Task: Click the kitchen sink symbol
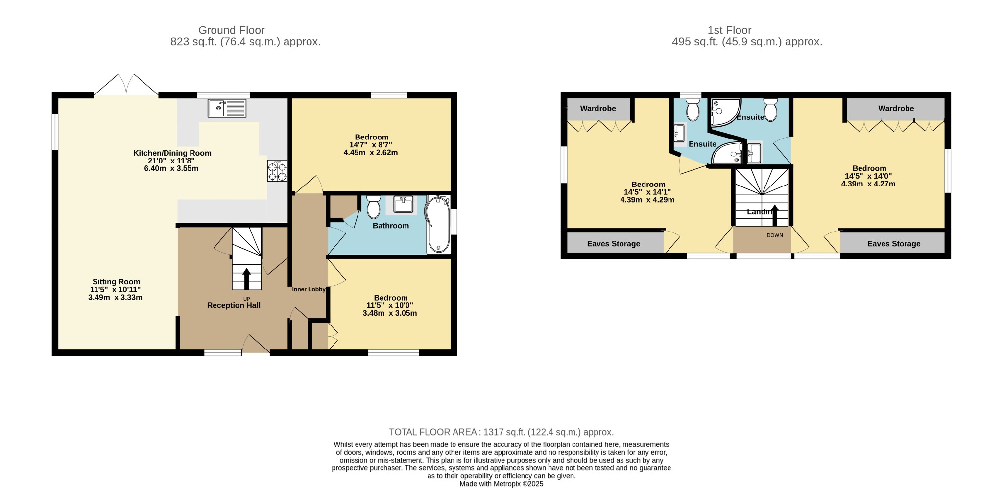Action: point(227,108)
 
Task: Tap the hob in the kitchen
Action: point(277,171)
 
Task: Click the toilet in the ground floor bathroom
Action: point(374,207)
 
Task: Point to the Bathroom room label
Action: point(391,226)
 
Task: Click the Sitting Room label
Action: point(117,282)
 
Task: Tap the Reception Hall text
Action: point(234,305)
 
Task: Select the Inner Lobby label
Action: point(309,289)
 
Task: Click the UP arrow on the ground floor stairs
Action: point(246,279)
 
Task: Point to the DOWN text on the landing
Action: point(775,235)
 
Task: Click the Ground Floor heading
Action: point(232,30)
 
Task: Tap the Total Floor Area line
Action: point(501,432)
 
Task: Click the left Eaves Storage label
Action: point(614,244)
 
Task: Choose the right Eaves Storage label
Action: point(894,244)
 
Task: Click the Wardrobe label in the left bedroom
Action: point(598,109)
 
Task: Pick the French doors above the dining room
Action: point(126,85)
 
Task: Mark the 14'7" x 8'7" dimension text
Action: point(371,145)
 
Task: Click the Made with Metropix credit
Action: point(501,484)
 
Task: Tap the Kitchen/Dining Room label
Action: point(172,153)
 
